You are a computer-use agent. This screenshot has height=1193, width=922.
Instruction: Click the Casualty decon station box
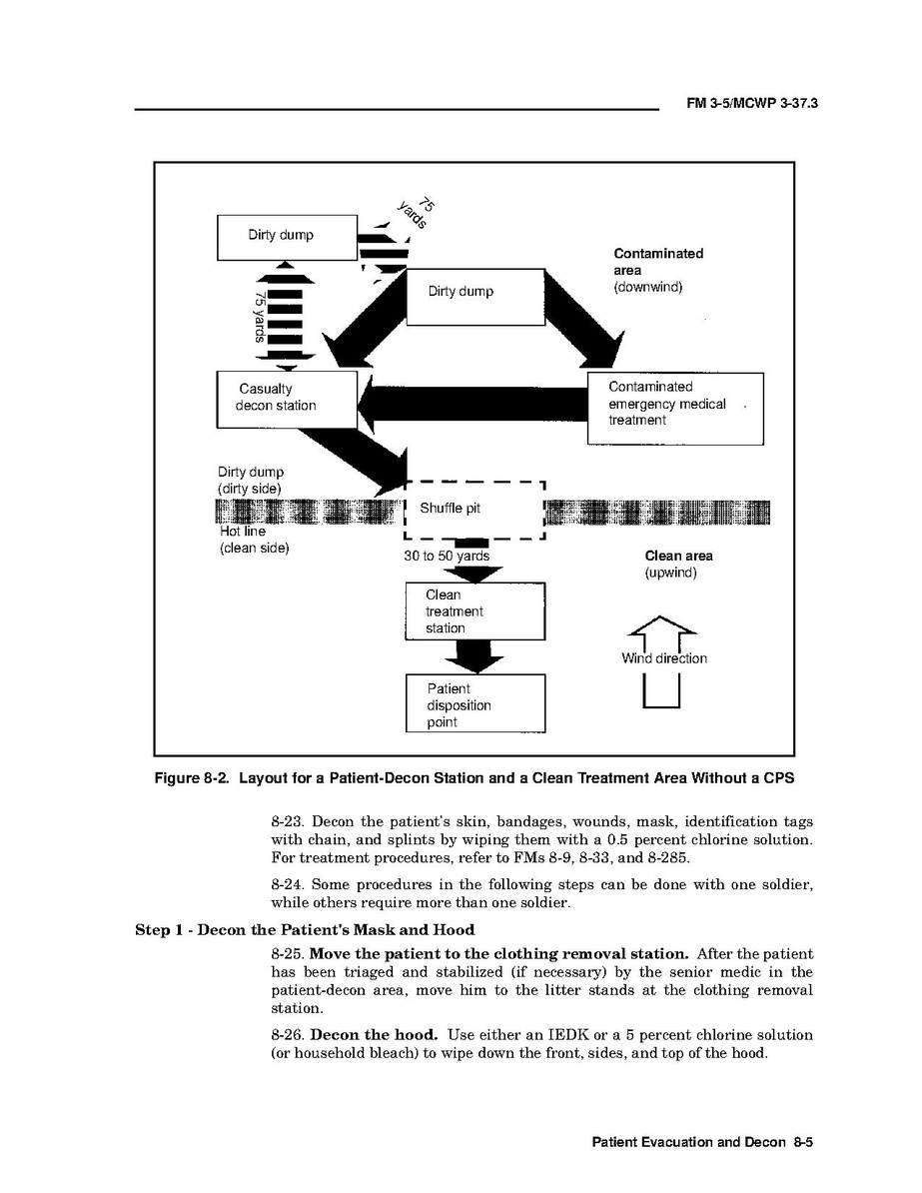click(x=287, y=399)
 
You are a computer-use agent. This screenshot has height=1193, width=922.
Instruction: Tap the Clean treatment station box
click(x=474, y=611)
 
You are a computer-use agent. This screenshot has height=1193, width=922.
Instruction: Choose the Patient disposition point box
click(x=475, y=704)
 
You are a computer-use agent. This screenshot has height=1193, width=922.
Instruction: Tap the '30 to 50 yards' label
click(x=447, y=556)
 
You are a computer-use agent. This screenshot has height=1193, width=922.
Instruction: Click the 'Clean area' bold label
click(x=678, y=556)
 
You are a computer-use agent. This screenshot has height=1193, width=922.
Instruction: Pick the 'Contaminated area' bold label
click(x=657, y=262)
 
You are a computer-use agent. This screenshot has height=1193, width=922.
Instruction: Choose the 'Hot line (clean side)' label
click(x=253, y=540)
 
